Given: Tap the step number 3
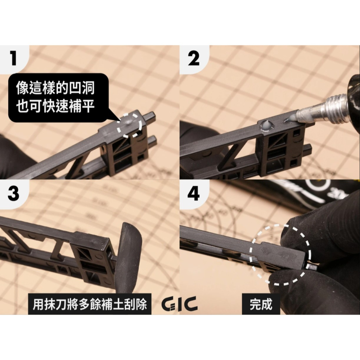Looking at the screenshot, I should pos(13,194).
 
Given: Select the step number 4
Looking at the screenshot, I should pos(193,194).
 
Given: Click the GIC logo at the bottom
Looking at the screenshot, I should pos(179,304).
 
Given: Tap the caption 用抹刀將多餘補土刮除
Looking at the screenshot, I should pos(90,305).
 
